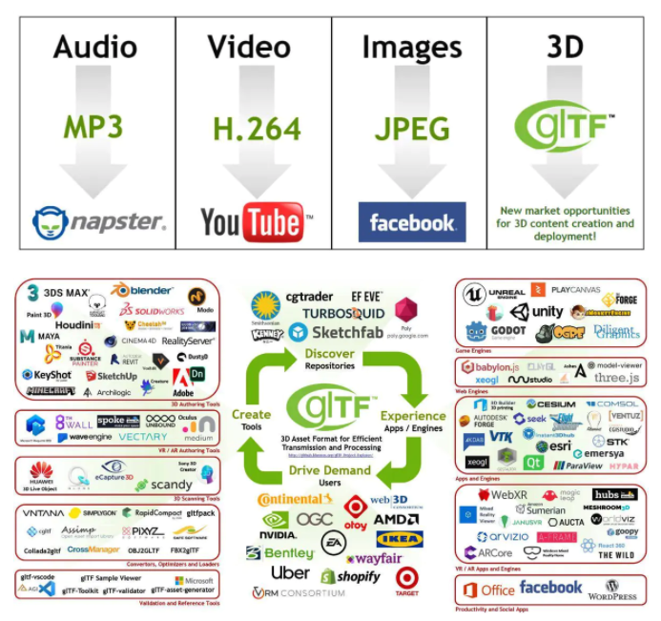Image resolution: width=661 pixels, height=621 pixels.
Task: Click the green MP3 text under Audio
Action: pos(93,128)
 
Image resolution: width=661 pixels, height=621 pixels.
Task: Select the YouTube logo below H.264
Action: pos(256,223)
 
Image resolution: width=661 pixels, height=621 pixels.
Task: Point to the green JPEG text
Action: pos(412,128)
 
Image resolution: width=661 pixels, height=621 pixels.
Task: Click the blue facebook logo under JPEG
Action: pos(412,222)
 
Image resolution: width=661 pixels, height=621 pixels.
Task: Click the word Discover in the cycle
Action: pos(329,355)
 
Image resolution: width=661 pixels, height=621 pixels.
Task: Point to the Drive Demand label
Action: pos(329,470)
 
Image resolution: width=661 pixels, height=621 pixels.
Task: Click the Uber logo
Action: pos(290,572)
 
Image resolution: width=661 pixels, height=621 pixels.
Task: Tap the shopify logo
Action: pos(350,576)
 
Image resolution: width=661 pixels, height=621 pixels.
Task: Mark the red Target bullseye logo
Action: pos(407,578)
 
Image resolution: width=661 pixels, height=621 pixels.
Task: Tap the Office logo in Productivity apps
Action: pos(487,590)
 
